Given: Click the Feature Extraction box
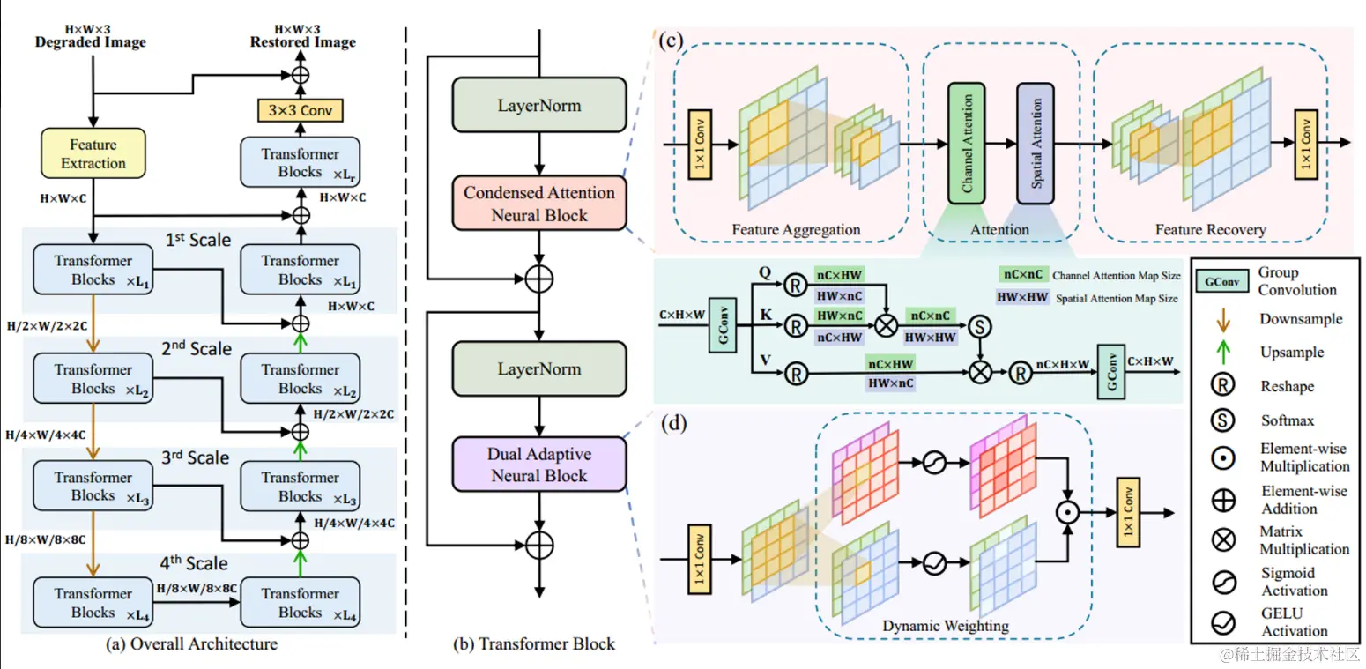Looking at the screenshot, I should click(x=93, y=153).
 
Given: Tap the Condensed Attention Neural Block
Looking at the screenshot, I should click(x=539, y=204).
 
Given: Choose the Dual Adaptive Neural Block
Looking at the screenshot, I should click(x=539, y=465).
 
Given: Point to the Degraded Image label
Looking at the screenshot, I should click(x=90, y=42).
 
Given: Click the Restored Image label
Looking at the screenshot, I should click(x=302, y=42).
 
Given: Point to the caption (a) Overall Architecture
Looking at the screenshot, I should click(x=191, y=644).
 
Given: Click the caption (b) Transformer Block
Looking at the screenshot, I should click(x=534, y=644).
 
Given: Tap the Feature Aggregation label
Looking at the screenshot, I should click(x=796, y=230).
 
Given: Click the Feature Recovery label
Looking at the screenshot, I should click(x=1210, y=230).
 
